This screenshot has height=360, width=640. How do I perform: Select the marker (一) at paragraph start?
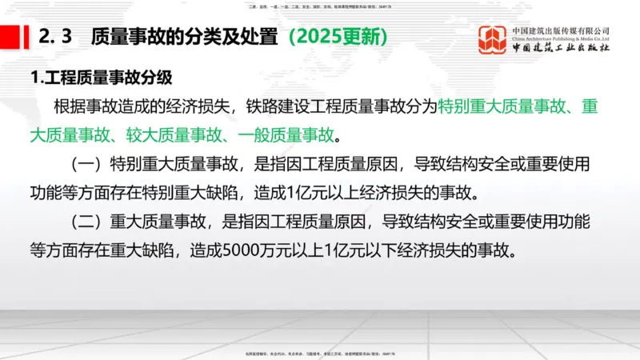pos(84,166)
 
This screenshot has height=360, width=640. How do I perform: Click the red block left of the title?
pos(10,38)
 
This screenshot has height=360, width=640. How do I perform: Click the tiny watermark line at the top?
pos(319,5)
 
